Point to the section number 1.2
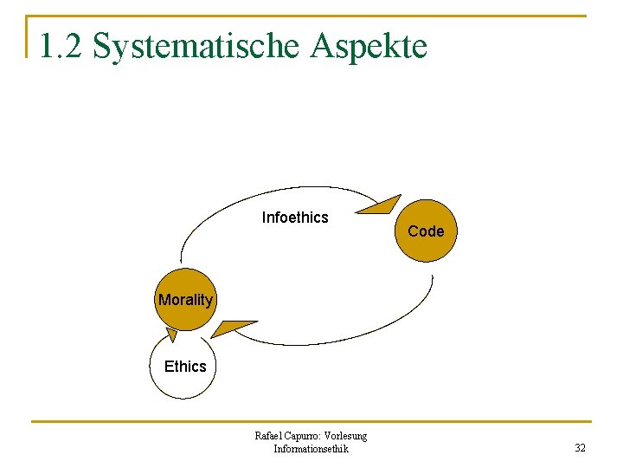(x=61, y=45)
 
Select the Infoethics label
(x=295, y=218)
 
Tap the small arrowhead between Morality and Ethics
(x=172, y=335)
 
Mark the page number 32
(x=580, y=448)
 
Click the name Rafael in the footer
(x=269, y=436)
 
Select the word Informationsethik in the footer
(x=311, y=449)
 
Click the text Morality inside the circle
(x=185, y=300)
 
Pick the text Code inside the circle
(x=425, y=231)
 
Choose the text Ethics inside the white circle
(x=185, y=367)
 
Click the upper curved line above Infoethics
(x=260, y=193)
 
